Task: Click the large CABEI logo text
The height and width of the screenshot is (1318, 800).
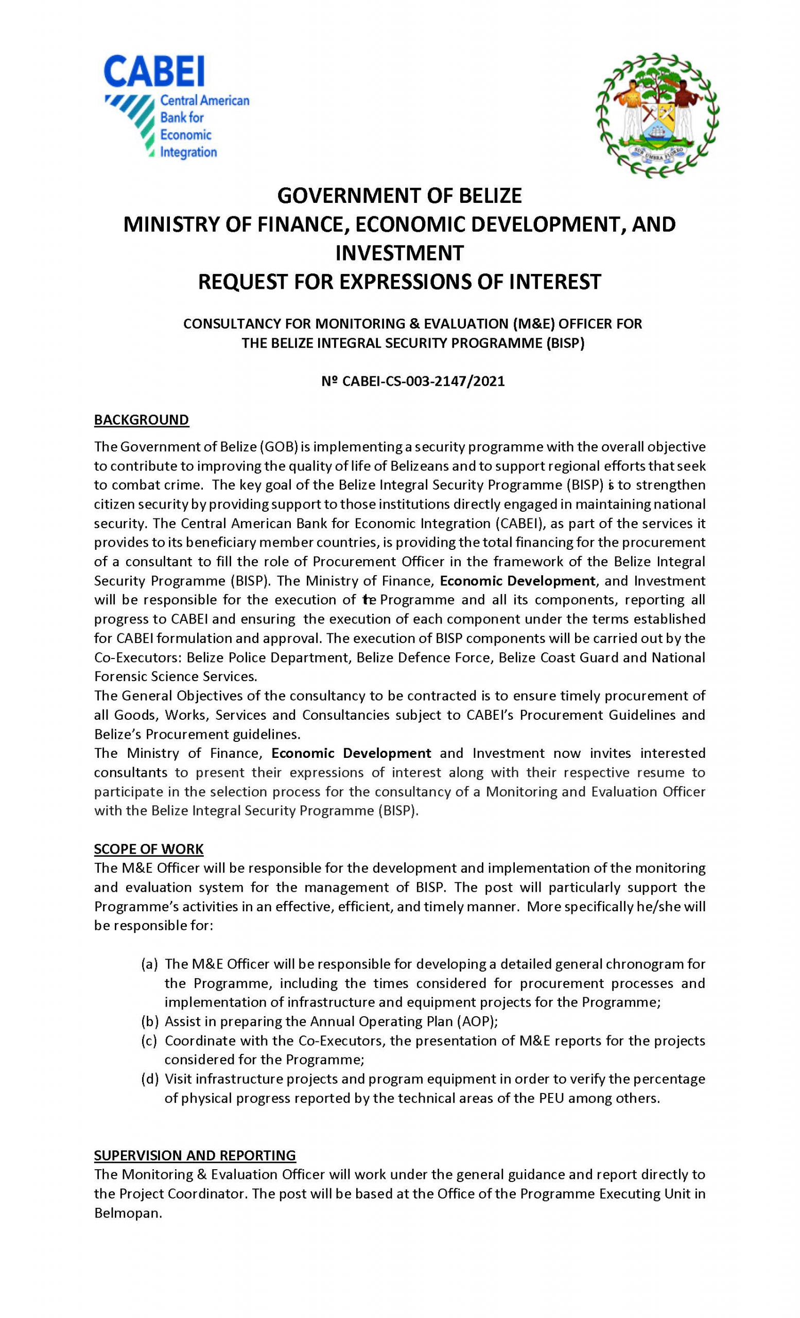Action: [154, 72]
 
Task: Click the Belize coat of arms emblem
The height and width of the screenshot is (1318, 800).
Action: [657, 115]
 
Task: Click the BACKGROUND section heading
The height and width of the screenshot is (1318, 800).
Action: [141, 420]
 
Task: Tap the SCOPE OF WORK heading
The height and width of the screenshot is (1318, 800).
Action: [149, 849]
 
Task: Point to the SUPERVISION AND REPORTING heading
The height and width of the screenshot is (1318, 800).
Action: [195, 1155]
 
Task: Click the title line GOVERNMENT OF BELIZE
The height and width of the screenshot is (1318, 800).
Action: [399, 196]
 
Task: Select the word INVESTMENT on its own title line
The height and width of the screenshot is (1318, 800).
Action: [399, 253]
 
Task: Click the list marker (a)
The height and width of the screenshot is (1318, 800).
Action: [150, 964]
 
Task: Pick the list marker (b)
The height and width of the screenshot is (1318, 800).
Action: [150, 1021]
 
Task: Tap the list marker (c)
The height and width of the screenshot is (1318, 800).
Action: [150, 1041]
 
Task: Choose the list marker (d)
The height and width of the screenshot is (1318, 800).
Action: [150, 1079]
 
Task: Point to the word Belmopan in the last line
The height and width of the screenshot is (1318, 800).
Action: [128, 1213]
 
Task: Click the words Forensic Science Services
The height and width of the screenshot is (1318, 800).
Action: [176, 677]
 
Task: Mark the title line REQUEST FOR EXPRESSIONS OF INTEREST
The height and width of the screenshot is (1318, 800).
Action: [399, 282]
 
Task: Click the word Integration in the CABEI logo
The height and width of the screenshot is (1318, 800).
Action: [188, 152]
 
